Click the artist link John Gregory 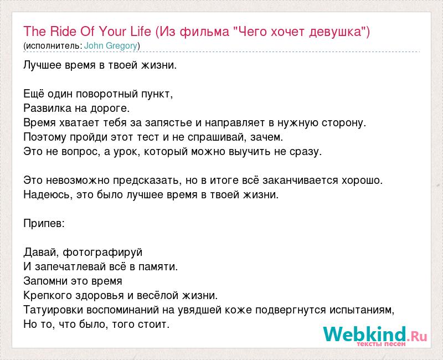coord(111,45)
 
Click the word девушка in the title coord(336,32)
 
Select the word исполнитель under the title coord(52,45)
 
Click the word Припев coord(44,224)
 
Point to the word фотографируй coord(102,253)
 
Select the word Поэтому coord(45,137)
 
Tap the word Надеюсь coord(46,195)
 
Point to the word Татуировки coord(53,310)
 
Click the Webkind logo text coord(364,334)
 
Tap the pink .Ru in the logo coord(417,336)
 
